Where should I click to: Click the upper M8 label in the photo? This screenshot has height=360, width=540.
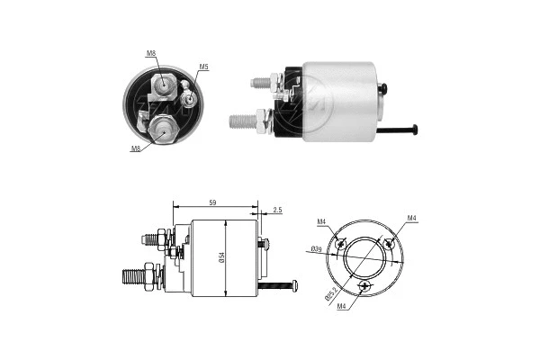click(152, 54)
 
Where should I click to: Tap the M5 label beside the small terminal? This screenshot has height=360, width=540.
click(203, 67)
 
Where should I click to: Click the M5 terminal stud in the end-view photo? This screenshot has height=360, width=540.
click(189, 91)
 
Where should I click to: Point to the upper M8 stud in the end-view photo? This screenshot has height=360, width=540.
click(165, 85)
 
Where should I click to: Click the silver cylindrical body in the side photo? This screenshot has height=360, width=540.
click(340, 101)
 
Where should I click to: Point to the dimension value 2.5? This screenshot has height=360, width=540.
click(277, 210)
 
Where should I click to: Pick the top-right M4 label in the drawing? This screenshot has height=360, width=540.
click(411, 218)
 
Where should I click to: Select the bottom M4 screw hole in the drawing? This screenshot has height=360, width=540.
click(364, 286)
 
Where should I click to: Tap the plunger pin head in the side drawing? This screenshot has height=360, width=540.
click(294, 286)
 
